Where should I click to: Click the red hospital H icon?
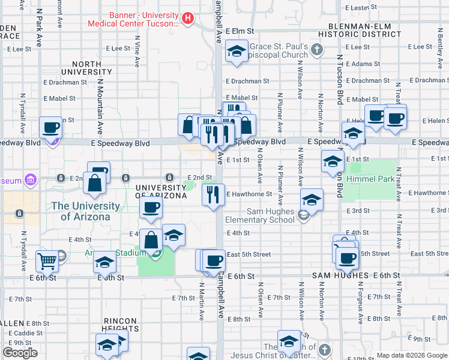coord(188,19)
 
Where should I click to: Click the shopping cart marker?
coord(47,261)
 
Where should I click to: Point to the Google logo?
coord(20,353)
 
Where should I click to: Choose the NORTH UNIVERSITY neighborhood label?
coord(92,68)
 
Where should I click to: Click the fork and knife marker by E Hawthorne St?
coord(213,195)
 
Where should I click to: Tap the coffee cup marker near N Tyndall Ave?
coord(50,127)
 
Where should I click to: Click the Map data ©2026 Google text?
coord(411,355)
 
